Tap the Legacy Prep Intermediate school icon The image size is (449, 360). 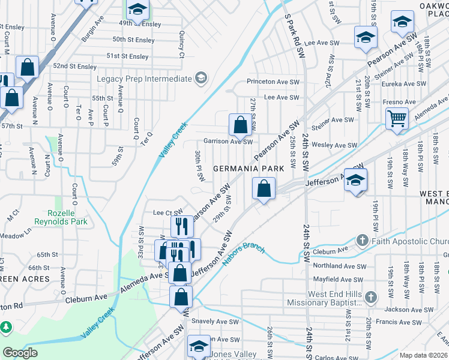(200, 79)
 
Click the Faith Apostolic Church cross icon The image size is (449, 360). (362, 241)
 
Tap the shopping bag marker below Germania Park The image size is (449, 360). (264, 188)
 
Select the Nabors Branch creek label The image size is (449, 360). (243, 256)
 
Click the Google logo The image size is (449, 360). (19, 353)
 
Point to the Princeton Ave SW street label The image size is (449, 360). (273, 82)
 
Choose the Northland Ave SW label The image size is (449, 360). (339, 266)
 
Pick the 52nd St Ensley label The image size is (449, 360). (75, 66)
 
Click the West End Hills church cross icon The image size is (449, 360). (371, 298)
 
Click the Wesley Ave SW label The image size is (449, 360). (335, 145)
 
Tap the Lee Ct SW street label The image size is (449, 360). (167, 212)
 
